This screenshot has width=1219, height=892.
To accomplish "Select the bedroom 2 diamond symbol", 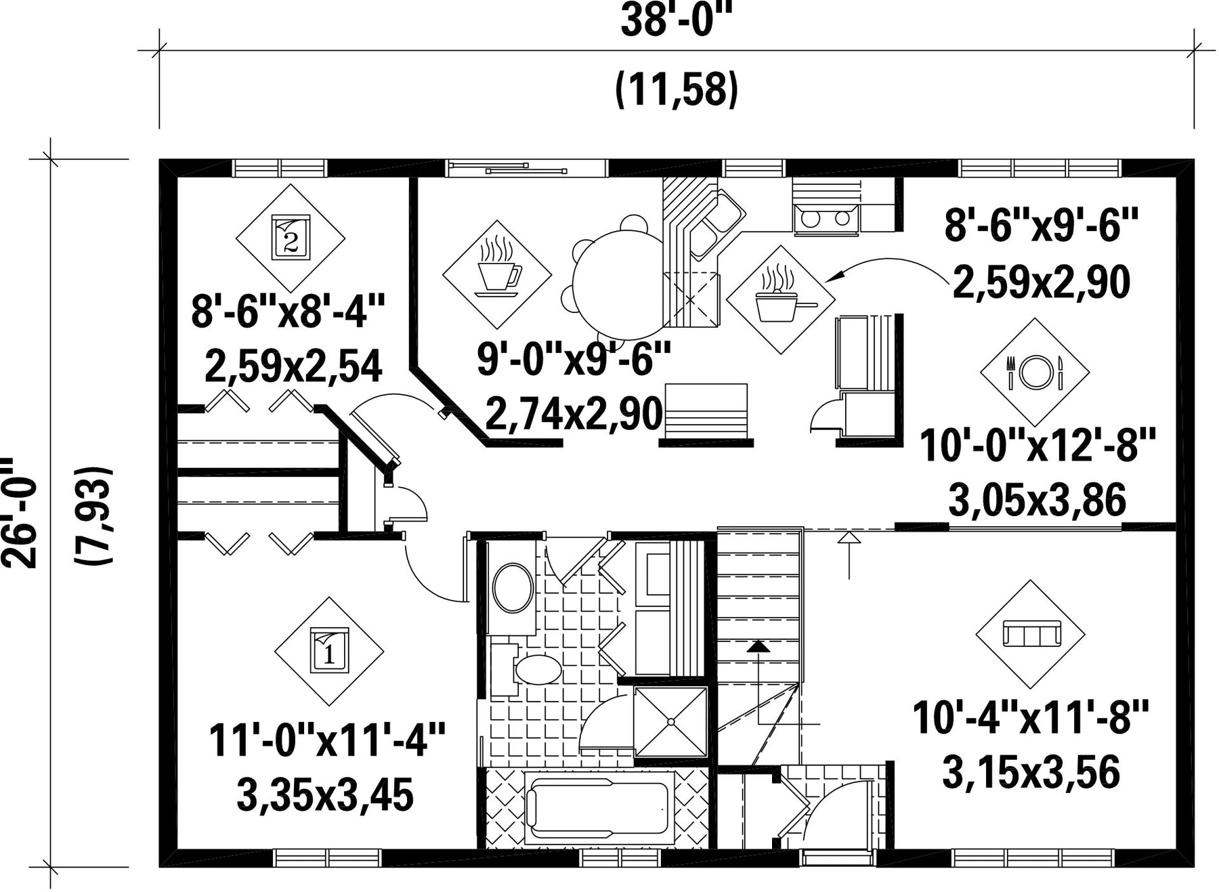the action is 291,238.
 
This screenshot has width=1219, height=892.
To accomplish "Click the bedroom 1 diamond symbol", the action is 329,652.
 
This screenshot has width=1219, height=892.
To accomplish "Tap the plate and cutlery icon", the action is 1035,372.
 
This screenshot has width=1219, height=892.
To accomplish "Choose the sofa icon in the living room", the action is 1030,635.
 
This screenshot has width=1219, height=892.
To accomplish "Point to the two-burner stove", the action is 826,219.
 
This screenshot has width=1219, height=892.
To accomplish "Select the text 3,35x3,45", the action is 325,795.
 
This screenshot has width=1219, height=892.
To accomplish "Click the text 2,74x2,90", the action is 574,414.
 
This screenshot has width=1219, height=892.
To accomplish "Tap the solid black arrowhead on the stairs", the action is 758,646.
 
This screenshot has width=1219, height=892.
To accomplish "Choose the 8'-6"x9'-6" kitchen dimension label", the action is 1042,225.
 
